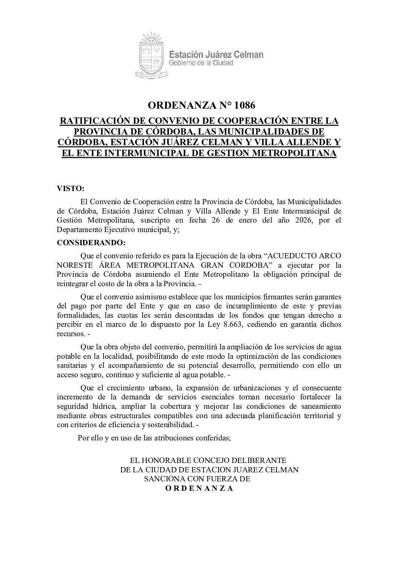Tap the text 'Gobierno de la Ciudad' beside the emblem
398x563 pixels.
point(201,63)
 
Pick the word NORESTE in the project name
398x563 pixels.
point(74,265)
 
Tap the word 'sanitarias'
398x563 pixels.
point(71,365)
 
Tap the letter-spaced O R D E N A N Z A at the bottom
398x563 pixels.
point(199,489)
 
